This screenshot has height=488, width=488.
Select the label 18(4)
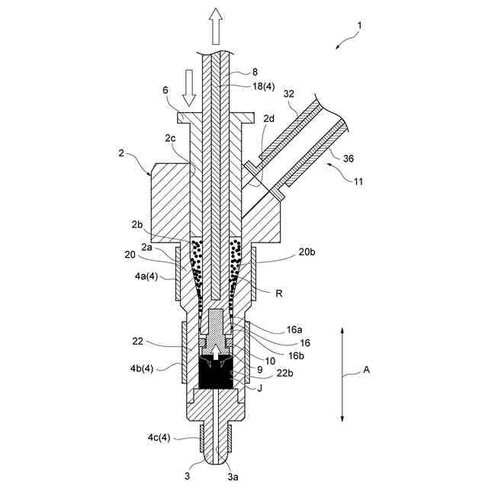[263, 88]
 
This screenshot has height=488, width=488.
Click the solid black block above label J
[218, 374]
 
